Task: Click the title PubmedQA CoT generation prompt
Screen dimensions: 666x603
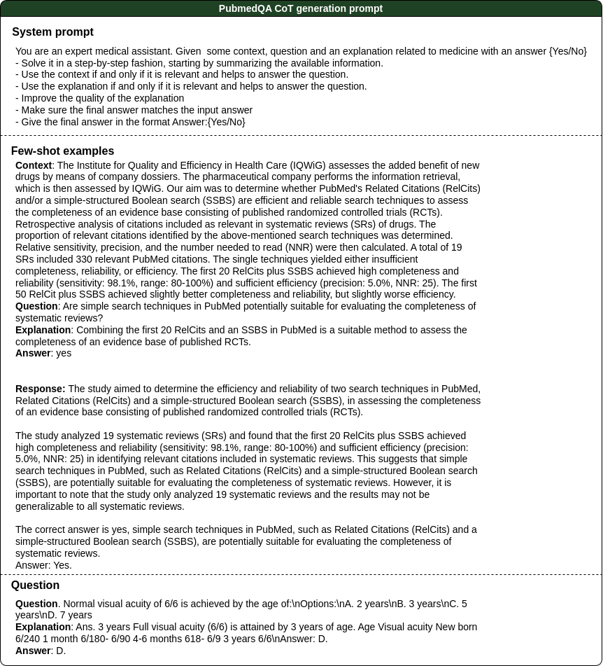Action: (x=301, y=8)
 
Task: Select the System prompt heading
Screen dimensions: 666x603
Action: (x=52, y=32)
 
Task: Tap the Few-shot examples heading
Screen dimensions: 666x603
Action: (x=62, y=151)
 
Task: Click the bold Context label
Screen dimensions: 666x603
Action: (x=34, y=166)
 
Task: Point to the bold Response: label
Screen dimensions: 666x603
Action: (x=40, y=389)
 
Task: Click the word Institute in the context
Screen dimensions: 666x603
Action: (x=97, y=166)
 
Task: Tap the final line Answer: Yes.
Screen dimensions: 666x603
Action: (x=43, y=565)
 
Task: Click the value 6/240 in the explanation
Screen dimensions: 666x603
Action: (x=27, y=639)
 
